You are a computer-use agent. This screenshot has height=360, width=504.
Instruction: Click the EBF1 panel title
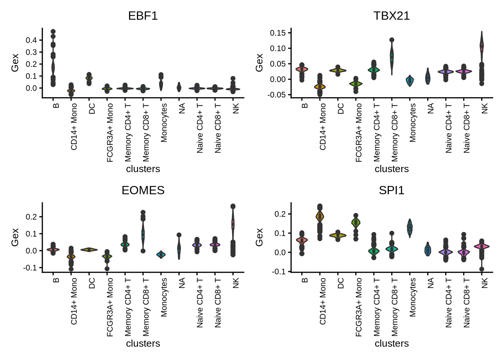(x=143, y=16)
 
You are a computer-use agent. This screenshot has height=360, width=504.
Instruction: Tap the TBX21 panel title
(x=391, y=16)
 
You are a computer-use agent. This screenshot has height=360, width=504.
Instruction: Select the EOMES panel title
(x=143, y=190)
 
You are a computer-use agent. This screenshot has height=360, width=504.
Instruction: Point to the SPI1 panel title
(x=391, y=190)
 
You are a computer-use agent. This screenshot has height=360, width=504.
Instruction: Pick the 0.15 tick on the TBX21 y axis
(x=277, y=33)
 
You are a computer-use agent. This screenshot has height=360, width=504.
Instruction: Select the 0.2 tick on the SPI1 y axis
(x=280, y=214)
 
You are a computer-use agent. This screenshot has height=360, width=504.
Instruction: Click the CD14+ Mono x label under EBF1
(x=74, y=127)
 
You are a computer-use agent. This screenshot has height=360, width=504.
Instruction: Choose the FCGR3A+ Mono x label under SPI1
(x=359, y=307)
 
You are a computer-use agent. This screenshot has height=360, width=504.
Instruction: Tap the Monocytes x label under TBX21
(x=412, y=123)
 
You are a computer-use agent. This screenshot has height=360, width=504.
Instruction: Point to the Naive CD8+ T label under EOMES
(x=218, y=303)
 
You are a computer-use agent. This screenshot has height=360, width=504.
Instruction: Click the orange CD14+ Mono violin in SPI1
(x=320, y=217)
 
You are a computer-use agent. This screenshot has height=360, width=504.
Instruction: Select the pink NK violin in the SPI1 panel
(x=482, y=247)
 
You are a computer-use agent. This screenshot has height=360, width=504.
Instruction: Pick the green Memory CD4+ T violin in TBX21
(x=374, y=70)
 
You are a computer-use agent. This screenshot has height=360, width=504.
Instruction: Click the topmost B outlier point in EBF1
(x=53, y=32)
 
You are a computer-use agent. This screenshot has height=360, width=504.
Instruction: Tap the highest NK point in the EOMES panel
(x=233, y=206)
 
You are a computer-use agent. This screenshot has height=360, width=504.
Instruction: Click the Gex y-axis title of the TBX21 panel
(x=259, y=63)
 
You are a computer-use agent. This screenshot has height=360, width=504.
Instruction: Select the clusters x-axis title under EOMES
(x=143, y=343)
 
